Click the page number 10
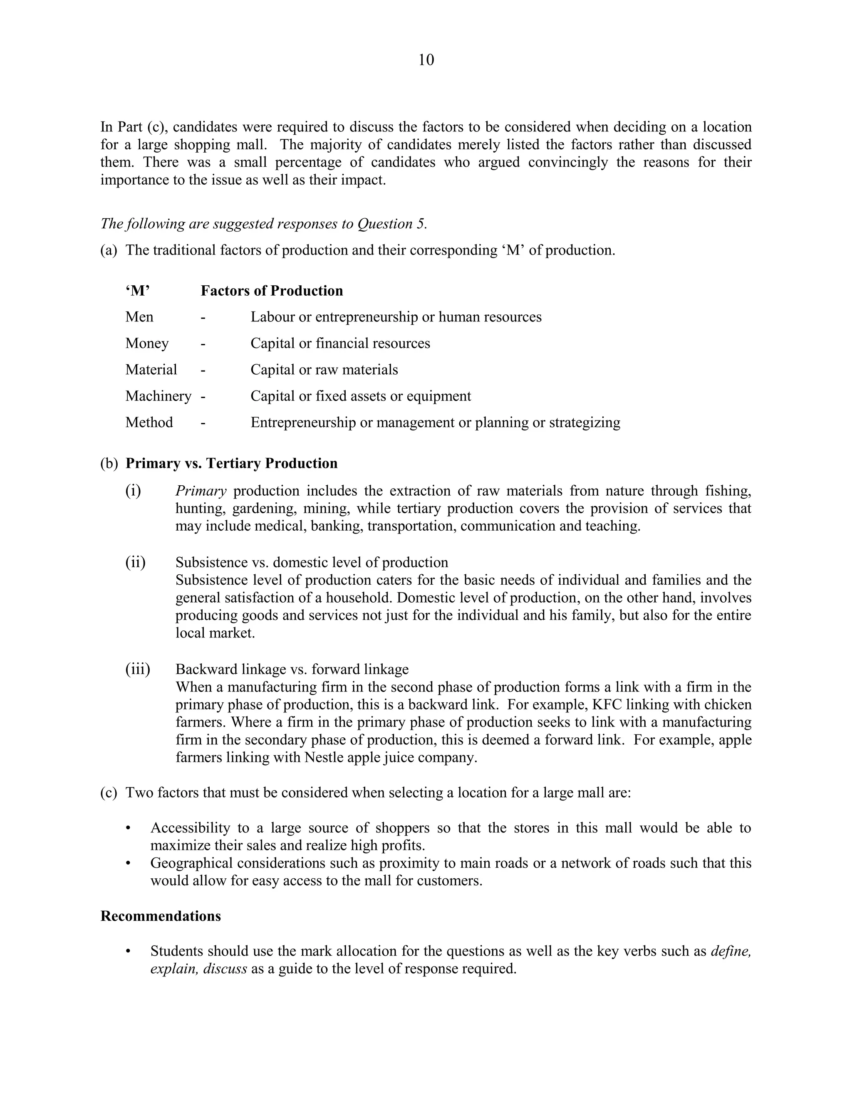[x=426, y=60]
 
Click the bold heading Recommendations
[x=161, y=916]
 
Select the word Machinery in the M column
[x=158, y=396]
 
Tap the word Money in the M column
[x=147, y=343]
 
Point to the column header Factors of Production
[x=272, y=291]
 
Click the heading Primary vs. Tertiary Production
[x=231, y=463]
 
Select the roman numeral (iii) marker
[x=138, y=669]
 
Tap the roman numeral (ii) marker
[x=135, y=562]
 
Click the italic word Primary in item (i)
[x=201, y=491]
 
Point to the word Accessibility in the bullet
[x=190, y=828]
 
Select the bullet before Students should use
[x=128, y=951]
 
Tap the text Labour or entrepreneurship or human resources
[x=396, y=317]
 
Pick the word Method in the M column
[x=149, y=423]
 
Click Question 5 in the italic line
[x=391, y=224]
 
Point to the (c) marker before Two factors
[x=109, y=793]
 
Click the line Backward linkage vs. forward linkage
[x=292, y=670]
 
